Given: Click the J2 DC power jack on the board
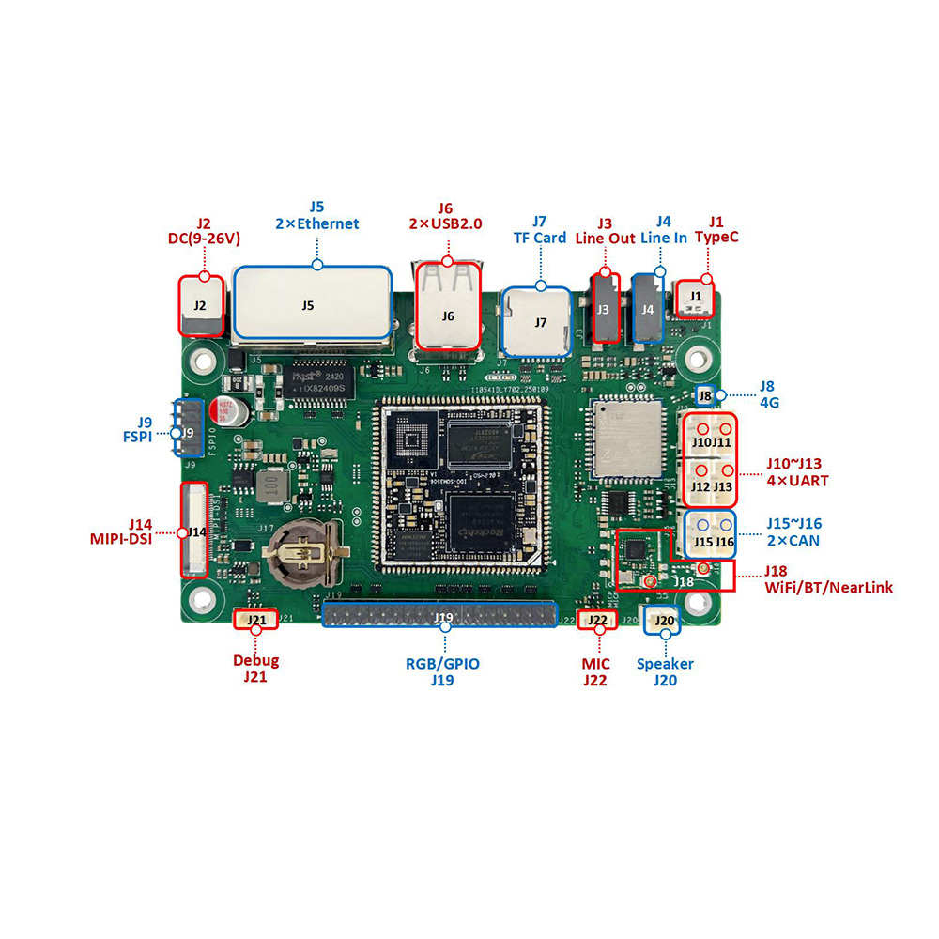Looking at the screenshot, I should [x=202, y=306].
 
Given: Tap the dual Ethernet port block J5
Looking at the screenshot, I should [x=311, y=303].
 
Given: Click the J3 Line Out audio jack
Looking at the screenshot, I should [x=604, y=308].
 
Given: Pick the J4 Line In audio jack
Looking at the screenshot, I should [x=648, y=308].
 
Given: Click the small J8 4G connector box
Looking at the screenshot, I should [x=705, y=396].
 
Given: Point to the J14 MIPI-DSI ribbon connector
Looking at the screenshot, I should [x=193, y=531].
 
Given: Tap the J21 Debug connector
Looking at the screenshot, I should [x=255, y=620].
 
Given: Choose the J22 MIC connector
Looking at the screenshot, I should [x=596, y=620].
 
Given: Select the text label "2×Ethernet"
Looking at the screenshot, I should [x=316, y=223].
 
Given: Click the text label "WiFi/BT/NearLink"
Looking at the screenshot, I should [x=828, y=588].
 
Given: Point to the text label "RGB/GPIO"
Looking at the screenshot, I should [x=442, y=663].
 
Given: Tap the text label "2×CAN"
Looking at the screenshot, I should [x=793, y=540].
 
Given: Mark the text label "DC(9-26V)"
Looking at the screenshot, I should [x=204, y=239].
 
